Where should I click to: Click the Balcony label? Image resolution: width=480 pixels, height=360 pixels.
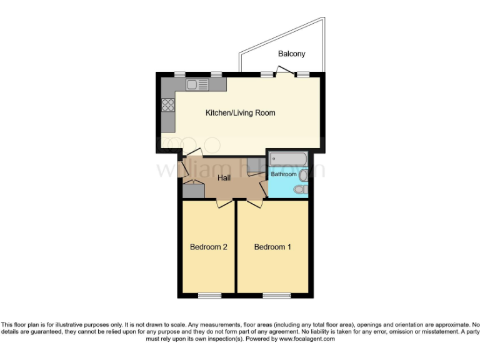click(292, 54)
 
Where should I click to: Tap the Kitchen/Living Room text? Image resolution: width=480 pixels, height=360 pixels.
click(241, 113)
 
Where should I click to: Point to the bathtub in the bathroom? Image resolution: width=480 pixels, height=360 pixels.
click(288, 159)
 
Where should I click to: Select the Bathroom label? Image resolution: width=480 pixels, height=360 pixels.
click(283, 174)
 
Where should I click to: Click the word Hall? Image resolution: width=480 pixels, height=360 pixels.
click(225, 178)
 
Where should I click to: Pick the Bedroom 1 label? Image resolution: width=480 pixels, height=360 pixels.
click(272, 247)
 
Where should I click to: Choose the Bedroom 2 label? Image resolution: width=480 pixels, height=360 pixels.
click(208, 247)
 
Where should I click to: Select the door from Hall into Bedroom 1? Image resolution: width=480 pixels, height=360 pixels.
click(253, 203)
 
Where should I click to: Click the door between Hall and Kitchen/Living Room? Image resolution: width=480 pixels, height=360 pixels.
click(192, 153)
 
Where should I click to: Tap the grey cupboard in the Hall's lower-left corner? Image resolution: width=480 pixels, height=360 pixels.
click(193, 191)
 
